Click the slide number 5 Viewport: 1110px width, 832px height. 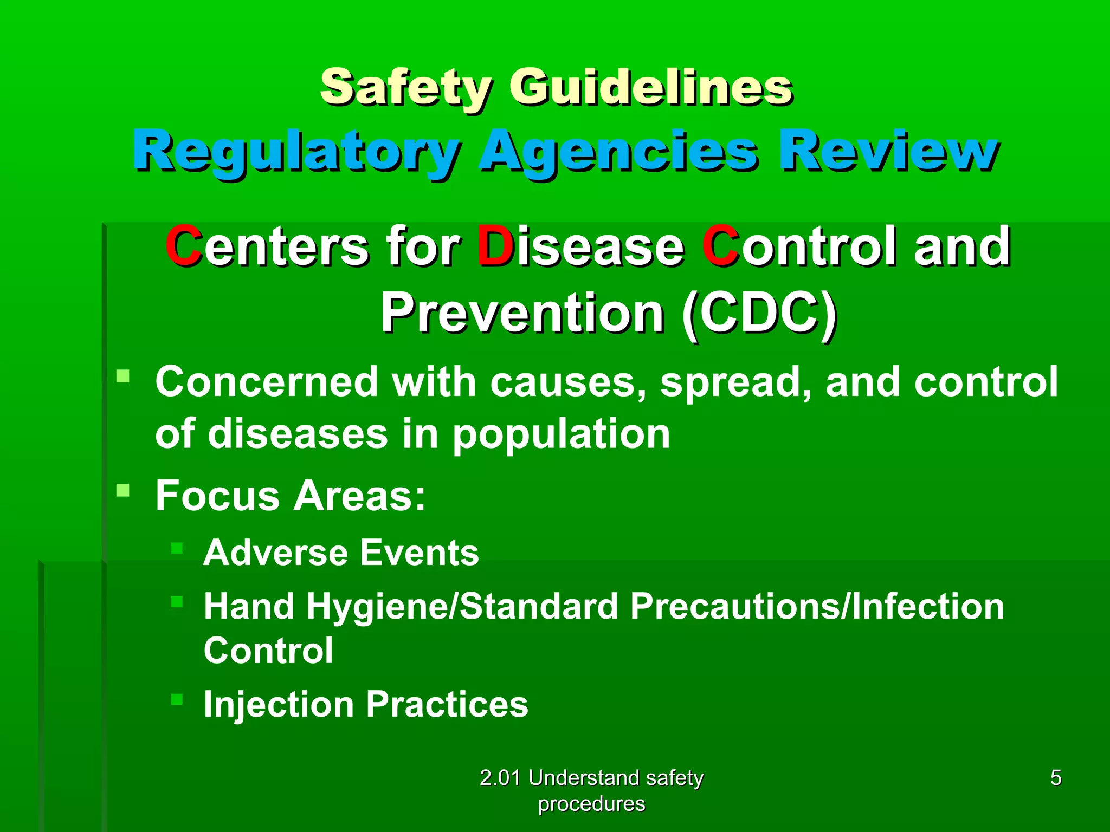click(x=1056, y=778)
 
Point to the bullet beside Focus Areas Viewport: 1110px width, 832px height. click(x=123, y=491)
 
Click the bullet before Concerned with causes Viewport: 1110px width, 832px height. click(x=123, y=376)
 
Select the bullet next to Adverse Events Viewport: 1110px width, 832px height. click(x=177, y=548)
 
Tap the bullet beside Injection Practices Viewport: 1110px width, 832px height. click(x=177, y=699)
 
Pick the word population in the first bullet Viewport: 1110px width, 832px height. click(x=561, y=434)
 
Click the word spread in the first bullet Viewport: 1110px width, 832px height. click(x=734, y=382)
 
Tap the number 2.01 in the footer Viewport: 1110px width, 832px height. click(x=500, y=778)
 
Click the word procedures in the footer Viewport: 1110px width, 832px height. click(x=591, y=804)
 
